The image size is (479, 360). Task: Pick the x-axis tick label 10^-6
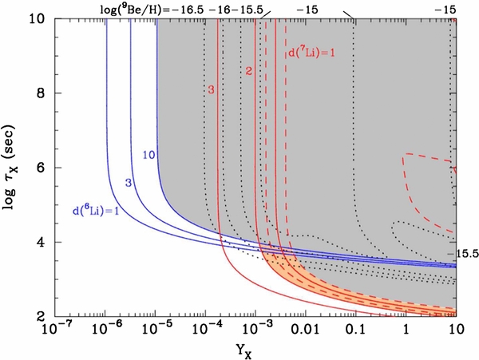(x=104, y=330)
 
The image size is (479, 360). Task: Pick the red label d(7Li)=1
(x=312, y=54)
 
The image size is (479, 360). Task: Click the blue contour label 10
(x=148, y=154)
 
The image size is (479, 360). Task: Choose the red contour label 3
(x=211, y=90)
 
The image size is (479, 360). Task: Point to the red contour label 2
(x=248, y=73)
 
